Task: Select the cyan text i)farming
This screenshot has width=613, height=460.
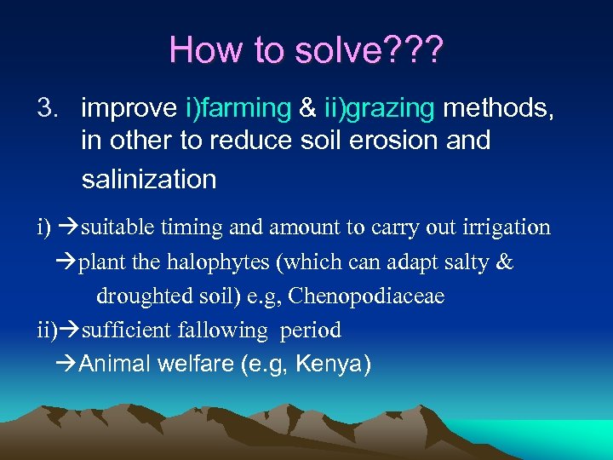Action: tap(238, 108)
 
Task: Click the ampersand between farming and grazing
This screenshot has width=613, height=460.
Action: tap(306, 108)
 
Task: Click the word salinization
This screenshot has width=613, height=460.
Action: tap(149, 179)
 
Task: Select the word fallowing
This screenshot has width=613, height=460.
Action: tap(220, 330)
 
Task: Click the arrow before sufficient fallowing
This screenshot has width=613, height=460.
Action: tap(70, 330)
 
